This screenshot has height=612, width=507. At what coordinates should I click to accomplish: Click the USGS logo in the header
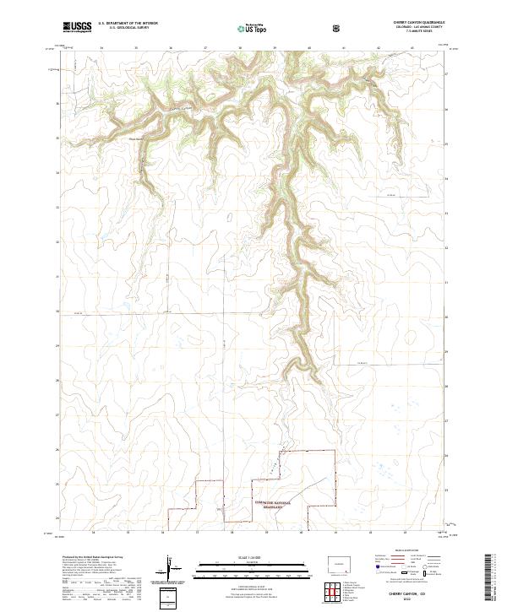pos(77,27)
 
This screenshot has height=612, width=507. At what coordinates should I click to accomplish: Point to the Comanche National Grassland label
pos(271,504)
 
